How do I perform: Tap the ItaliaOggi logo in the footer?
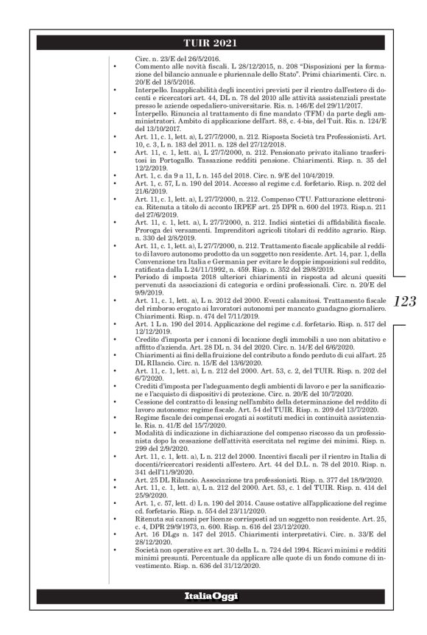coord(213,595)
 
